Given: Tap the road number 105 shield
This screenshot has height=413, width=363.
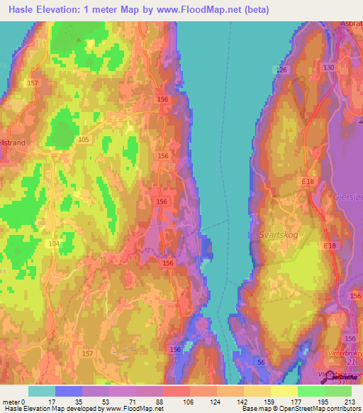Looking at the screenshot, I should [84, 140].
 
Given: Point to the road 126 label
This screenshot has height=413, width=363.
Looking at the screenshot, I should [283, 70].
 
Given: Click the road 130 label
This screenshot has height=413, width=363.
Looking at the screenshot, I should [328, 67].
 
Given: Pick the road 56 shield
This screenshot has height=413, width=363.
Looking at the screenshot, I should [261, 363].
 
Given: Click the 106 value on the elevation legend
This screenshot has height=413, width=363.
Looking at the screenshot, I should [189, 402].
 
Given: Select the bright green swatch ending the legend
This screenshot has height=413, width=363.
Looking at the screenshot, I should [337, 391].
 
